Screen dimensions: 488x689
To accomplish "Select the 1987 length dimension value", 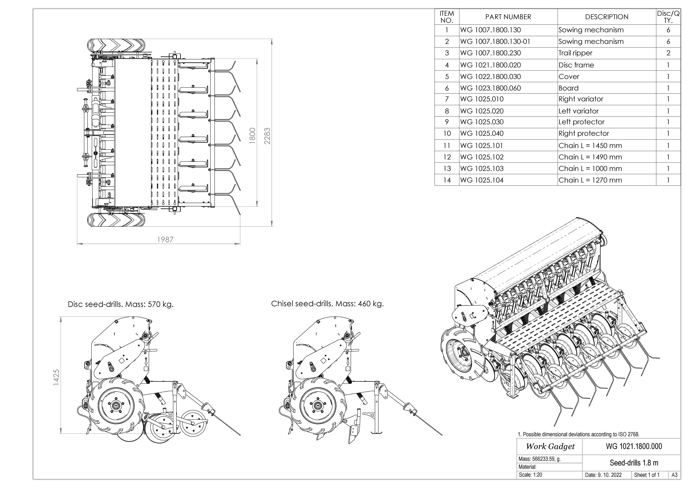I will [x=165, y=239].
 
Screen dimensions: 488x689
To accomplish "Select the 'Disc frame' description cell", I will [x=576, y=65].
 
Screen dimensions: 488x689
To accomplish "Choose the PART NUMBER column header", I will [x=508, y=17].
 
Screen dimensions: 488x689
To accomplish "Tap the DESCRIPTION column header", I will [x=606, y=17].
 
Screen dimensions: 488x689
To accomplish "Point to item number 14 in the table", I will [x=447, y=180].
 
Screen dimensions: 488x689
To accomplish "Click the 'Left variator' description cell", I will [x=578, y=111].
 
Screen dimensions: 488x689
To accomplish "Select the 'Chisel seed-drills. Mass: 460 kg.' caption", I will [x=327, y=304].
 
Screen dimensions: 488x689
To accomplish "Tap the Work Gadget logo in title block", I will [x=550, y=447].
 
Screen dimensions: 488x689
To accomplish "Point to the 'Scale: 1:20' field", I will [x=530, y=475].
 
